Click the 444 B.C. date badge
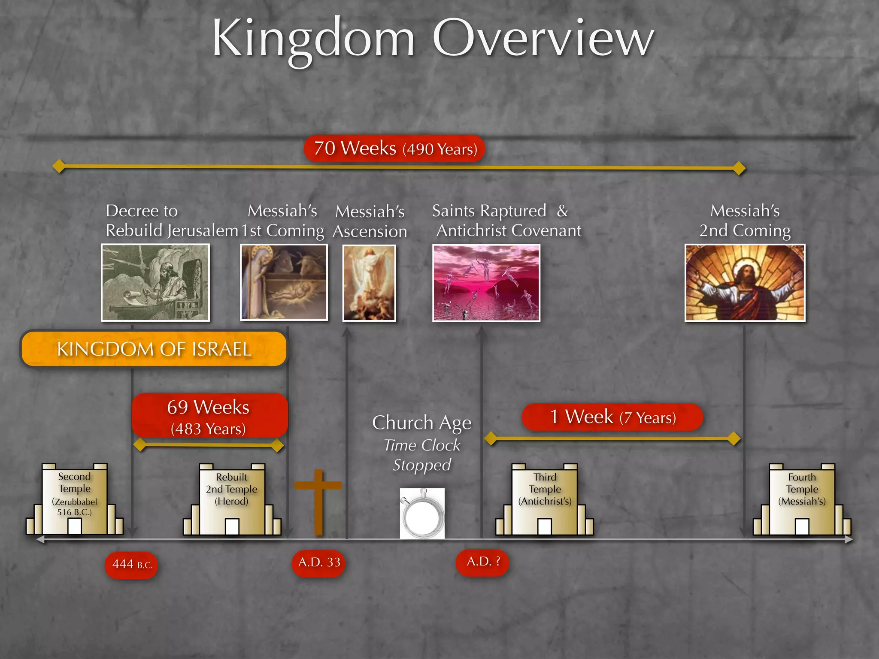point(131,565)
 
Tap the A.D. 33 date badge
point(318,562)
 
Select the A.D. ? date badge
point(482,562)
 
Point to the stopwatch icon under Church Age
point(422,514)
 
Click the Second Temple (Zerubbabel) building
point(75,500)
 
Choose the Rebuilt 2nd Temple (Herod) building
point(232,500)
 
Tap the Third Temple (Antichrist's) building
point(545,500)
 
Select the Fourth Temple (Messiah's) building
point(802,500)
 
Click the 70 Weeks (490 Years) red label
point(394,149)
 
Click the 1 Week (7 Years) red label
point(612,417)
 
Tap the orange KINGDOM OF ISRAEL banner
point(154,349)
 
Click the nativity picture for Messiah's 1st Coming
point(284,282)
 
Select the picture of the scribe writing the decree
point(155,282)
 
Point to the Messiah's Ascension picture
point(369,283)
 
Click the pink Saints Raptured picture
point(486,283)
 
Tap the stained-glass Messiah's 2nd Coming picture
point(745,283)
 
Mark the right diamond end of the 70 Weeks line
point(739,168)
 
